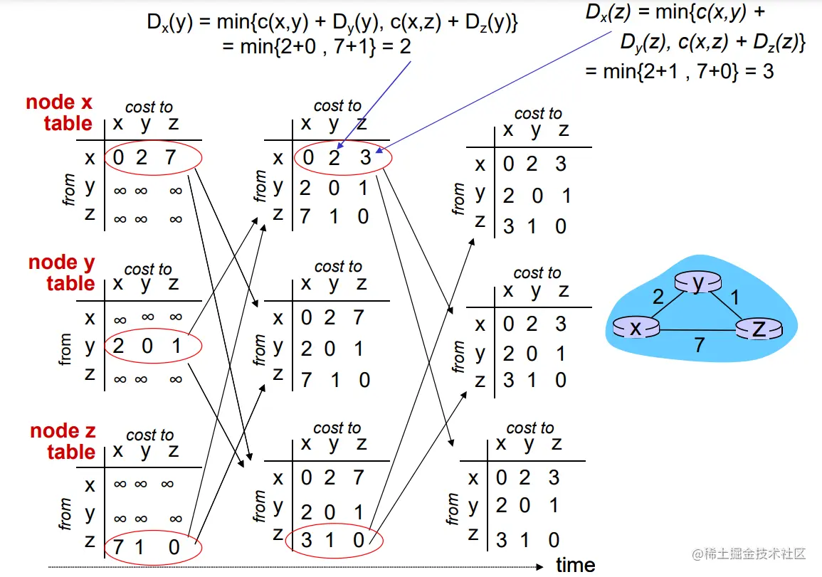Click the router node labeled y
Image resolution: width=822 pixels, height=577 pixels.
pyautogui.click(x=698, y=283)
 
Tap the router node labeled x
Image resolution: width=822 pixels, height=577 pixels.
pyautogui.click(x=636, y=327)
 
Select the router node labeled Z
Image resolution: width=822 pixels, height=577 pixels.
pyautogui.click(x=759, y=329)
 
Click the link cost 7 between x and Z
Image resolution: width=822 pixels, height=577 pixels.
pyautogui.click(x=699, y=346)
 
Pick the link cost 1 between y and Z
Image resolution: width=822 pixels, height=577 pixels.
pyautogui.click(x=735, y=297)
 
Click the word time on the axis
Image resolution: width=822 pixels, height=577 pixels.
pyautogui.click(x=576, y=566)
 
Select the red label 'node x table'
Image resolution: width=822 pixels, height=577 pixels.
pyautogui.click(x=60, y=112)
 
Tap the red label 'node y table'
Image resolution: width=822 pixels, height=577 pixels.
pyautogui.click(x=61, y=273)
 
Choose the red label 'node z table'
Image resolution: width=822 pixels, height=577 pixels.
pyautogui.click(x=63, y=441)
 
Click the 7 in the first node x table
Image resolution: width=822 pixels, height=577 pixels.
pyautogui.click(x=170, y=157)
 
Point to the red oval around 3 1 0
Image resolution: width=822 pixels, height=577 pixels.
pyautogui.click(x=334, y=541)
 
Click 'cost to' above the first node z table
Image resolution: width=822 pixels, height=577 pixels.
pyautogui.click(x=149, y=435)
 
